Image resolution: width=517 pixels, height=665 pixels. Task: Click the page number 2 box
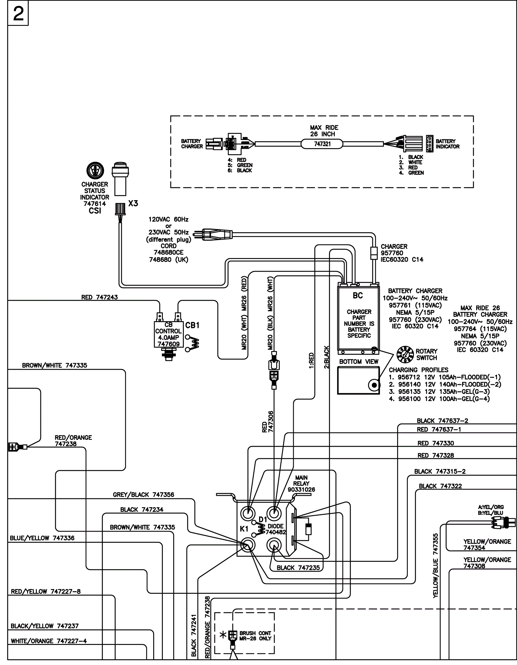coord(18,14)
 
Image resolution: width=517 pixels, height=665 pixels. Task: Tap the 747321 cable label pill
coord(322,144)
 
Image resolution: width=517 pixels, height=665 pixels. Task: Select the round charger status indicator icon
coord(95,170)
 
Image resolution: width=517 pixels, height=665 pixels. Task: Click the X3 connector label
coord(133,203)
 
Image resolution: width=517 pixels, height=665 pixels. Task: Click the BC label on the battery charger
coord(358,296)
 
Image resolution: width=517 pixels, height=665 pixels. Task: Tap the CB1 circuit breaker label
coord(192,325)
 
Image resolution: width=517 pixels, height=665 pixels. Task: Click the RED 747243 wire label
coord(100,297)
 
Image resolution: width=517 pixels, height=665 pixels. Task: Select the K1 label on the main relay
coord(244,529)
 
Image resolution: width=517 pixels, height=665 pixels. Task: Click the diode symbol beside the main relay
coord(309,529)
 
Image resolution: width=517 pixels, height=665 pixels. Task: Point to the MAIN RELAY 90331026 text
coord(301,484)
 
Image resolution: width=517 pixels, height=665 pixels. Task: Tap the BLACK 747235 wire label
coord(298,568)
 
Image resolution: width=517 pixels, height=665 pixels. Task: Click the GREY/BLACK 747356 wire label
coord(143,495)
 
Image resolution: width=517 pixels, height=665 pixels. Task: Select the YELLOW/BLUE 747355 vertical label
coord(436,566)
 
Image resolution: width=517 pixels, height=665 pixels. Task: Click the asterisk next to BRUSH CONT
coord(223,635)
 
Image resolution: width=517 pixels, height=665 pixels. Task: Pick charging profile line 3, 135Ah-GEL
coord(439,392)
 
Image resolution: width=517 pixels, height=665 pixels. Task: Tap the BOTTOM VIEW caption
coord(359,362)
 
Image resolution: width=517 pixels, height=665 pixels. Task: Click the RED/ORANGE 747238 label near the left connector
coord(73,441)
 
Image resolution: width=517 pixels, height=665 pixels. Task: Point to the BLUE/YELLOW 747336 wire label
coord(42,538)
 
